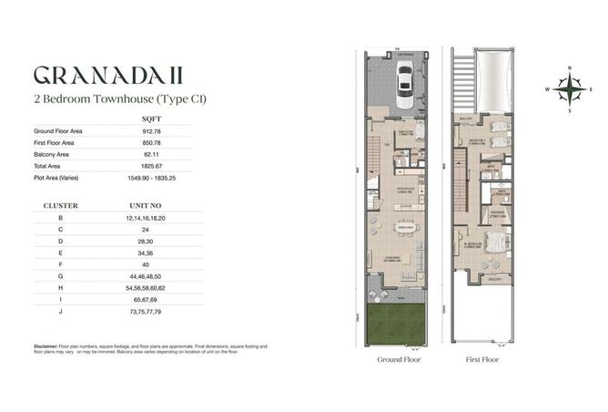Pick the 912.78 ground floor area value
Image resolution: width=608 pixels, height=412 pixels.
[152, 131]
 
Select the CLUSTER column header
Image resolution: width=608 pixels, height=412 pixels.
[60, 206]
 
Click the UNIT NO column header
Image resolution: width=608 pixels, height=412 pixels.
[152, 206]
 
